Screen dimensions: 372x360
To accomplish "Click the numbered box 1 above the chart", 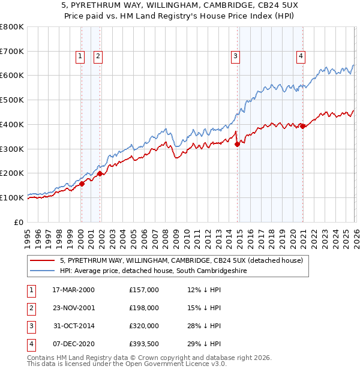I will click(80, 56).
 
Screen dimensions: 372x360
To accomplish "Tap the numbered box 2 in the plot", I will click(98, 56).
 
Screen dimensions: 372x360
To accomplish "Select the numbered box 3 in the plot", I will click(235, 56).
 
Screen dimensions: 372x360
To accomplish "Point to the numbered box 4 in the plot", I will click(301, 56).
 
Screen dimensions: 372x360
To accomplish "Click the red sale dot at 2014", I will click(237, 144).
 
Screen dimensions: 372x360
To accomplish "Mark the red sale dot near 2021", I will click(302, 126).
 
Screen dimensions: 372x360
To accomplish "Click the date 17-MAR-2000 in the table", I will click(73, 290).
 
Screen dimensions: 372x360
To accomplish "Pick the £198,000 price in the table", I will click(143, 308).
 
